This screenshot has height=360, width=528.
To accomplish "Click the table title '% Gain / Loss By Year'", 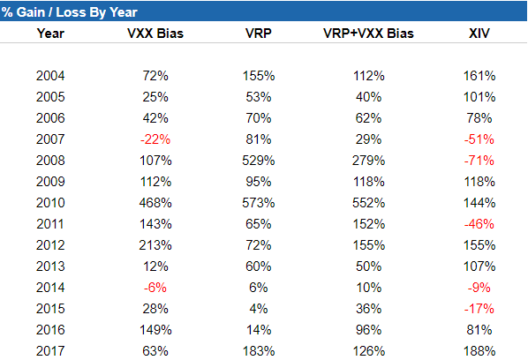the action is (x=70, y=12).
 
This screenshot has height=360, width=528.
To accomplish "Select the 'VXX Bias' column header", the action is (x=155, y=34).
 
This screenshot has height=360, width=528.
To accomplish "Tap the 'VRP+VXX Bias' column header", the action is (x=368, y=34).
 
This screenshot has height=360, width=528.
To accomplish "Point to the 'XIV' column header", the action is (x=479, y=34).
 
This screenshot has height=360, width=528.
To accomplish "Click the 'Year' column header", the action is (x=50, y=34).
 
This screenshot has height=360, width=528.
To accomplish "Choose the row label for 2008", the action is (x=50, y=161).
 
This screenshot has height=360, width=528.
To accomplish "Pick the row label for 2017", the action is (x=50, y=351).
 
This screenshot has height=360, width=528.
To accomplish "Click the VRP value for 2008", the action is (x=259, y=161).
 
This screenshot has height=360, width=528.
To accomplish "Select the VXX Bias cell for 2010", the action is (x=155, y=203).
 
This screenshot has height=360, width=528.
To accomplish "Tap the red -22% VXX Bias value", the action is (x=155, y=139).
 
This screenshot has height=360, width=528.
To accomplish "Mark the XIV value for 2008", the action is (x=479, y=161).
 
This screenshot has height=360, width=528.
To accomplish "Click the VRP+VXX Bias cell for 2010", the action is (x=368, y=203).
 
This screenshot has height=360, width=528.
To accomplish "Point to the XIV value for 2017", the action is (x=479, y=351).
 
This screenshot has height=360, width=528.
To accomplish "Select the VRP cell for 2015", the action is (x=259, y=309).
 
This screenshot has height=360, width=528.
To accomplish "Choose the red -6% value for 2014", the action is (x=155, y=288).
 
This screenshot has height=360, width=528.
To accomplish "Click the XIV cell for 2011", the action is (x=479, y=224).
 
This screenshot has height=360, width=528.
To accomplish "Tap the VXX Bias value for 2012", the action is (x=155, y=245).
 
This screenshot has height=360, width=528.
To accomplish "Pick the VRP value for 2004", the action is (x=259, y=76).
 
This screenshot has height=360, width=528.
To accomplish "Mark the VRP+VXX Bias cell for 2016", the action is (x=368, y=330).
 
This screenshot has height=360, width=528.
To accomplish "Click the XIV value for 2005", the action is (x=479, y=97).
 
